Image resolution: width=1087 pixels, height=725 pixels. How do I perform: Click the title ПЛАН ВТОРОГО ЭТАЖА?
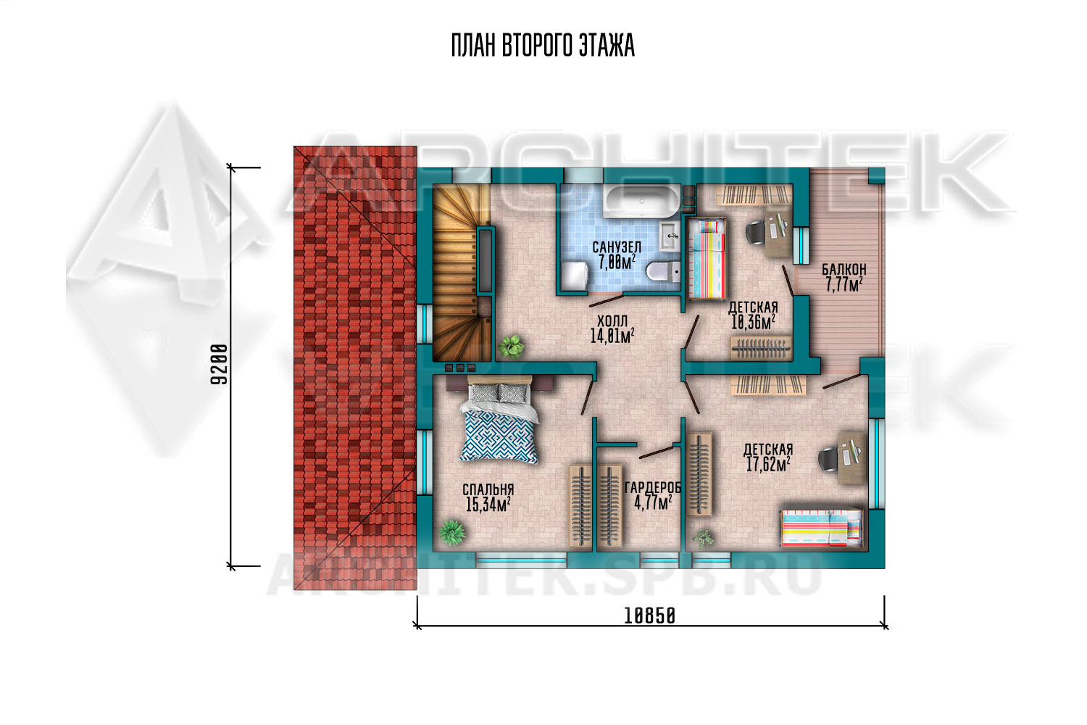point(543,46)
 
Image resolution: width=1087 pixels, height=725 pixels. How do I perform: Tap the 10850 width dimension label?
point(649,617)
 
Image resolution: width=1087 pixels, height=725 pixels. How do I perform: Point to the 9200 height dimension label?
point(219,364)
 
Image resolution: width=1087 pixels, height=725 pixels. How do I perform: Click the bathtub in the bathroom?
point(641,202)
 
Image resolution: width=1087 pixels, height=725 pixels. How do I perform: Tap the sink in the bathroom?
point(669,236)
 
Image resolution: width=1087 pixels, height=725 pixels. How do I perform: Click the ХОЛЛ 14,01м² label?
point(612,328)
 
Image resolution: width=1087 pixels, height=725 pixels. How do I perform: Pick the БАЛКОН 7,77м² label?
point(844,277)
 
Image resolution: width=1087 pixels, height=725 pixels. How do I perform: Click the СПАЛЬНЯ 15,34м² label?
point(488,497)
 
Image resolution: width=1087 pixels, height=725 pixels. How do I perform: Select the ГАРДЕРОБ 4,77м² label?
point(653,495)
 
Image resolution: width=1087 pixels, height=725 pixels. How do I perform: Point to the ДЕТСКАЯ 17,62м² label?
point(767,457)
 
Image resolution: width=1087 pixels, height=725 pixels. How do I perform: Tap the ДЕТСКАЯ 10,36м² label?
point(753,315)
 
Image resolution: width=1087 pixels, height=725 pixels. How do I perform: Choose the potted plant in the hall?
point(511,347)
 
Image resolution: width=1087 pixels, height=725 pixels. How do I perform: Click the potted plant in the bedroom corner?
point(452,532)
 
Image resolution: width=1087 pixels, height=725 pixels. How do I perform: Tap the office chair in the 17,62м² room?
point(829,459)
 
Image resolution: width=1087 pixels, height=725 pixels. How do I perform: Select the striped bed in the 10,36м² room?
point(707,258)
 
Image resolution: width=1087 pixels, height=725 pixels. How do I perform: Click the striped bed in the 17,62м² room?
point(822,528)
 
